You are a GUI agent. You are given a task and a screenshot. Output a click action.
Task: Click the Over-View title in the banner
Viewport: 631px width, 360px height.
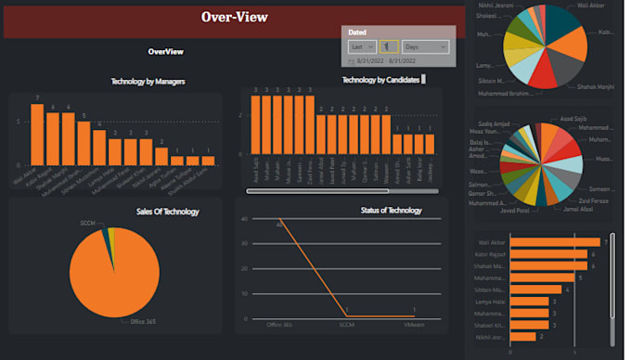pos(234,17)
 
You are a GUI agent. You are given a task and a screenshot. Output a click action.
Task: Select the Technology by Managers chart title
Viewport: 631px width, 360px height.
pos(148,82)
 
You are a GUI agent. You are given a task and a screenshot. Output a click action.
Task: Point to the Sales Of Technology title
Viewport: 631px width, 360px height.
pos(167,212)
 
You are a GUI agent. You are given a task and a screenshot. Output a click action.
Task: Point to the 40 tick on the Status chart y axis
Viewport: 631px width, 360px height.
pos(243,219)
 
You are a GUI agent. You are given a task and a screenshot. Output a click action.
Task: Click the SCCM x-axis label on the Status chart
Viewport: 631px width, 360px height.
pos(346,325)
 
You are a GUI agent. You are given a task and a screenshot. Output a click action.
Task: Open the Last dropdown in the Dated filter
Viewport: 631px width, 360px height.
pos(361,46)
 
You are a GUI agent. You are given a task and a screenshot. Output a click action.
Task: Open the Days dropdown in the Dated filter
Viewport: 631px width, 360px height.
pos(425,46)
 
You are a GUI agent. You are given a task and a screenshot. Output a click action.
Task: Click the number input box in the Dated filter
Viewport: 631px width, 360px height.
pos(389,46)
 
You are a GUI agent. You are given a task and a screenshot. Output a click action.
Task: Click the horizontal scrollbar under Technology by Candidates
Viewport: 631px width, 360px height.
pos(329,191)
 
